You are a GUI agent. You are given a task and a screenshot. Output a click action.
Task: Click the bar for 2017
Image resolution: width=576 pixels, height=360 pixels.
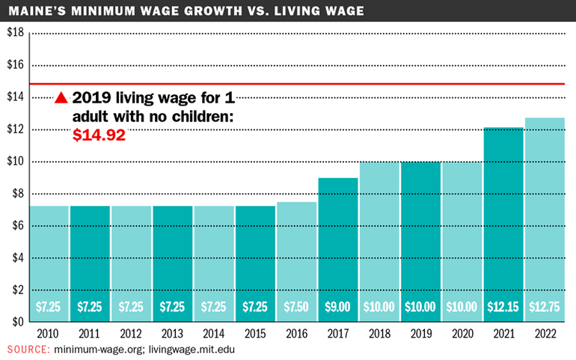[338, 247]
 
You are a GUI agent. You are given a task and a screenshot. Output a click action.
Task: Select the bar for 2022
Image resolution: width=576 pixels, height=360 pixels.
[544, 217]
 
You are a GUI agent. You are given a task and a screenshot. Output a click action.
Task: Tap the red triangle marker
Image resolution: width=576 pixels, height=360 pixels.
[62, 98]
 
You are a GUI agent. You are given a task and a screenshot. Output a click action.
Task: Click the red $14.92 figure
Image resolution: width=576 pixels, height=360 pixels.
[99, 135]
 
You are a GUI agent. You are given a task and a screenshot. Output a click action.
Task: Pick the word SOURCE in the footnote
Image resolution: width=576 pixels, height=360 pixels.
[28, 350]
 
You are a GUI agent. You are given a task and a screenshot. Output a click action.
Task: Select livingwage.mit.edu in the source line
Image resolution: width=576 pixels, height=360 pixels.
[197, 350]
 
